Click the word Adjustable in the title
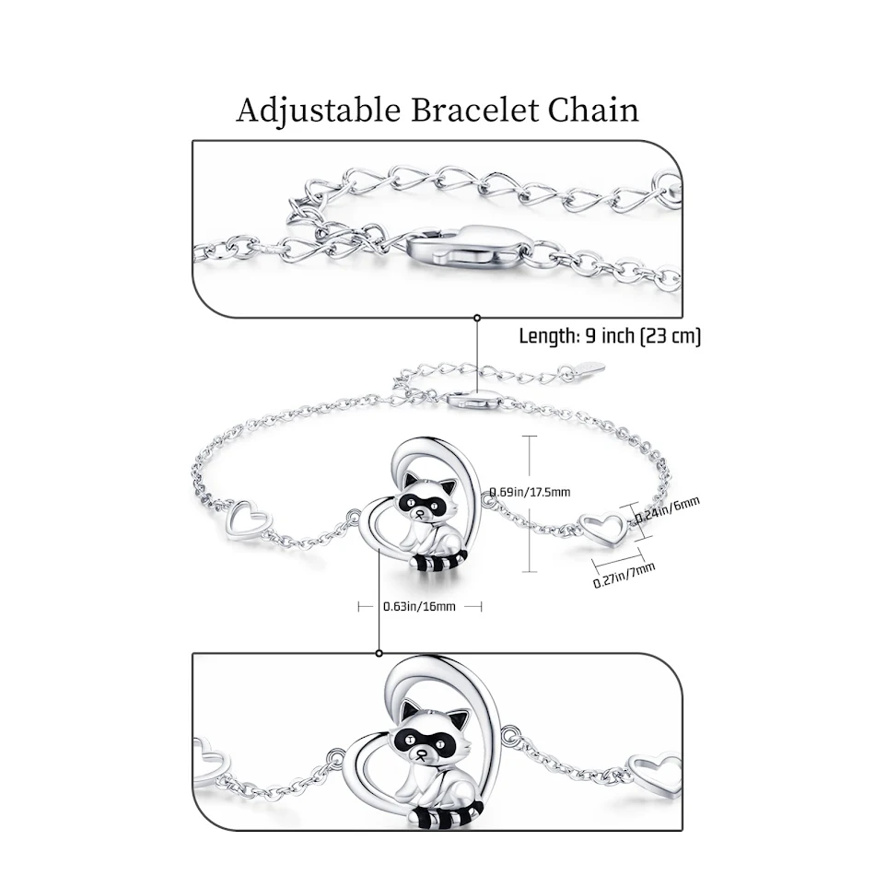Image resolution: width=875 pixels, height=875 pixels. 319,111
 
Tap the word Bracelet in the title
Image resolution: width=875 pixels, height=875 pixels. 474,111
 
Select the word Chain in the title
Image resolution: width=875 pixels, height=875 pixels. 593,111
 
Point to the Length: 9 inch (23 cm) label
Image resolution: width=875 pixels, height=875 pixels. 610,336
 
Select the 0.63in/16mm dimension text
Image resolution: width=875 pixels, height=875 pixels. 419,606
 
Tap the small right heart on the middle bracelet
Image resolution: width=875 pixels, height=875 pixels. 605,528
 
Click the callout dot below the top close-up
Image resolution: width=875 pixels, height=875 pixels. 477,318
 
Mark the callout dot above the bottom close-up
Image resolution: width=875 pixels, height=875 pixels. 379,652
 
